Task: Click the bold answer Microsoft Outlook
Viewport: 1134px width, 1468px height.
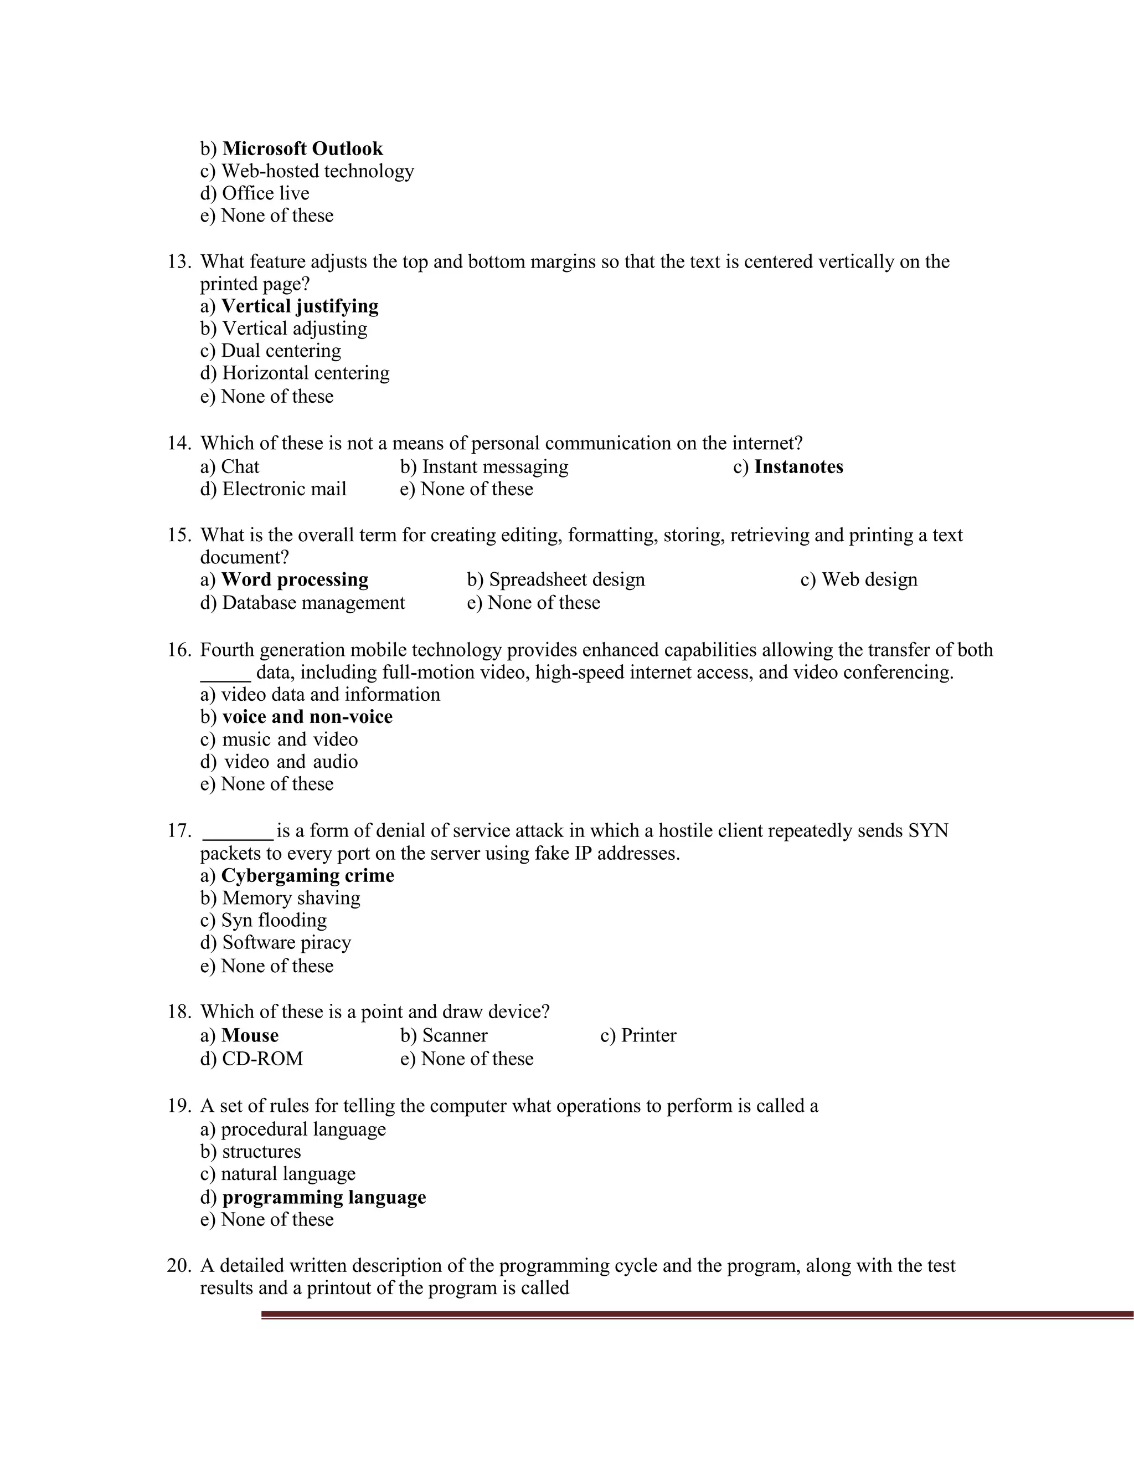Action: (302, 148)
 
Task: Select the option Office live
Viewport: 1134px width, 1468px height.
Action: (265, 193)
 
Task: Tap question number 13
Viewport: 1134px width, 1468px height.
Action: (179, 261)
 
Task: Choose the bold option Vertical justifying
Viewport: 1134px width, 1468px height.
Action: (300, 306)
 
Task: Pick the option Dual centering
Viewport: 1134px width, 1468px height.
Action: (281, 351)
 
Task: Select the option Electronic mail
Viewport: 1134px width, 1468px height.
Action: (284, 489)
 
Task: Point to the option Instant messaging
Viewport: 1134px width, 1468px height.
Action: (494, 466)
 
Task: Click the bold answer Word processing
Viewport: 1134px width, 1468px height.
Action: (295, 579)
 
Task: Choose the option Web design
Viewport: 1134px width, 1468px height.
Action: (869, 579)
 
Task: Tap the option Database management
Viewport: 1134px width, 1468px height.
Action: (313, 603)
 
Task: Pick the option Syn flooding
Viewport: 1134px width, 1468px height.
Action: (274, 920)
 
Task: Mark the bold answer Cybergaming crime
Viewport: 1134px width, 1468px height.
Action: (308, 876)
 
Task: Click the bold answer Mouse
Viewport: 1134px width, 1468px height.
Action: (250, 1035)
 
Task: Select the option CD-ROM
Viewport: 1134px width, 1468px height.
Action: (262, 1059)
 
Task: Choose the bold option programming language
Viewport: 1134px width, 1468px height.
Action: (324, 1197)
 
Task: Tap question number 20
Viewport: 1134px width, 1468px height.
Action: (179, 1266)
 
